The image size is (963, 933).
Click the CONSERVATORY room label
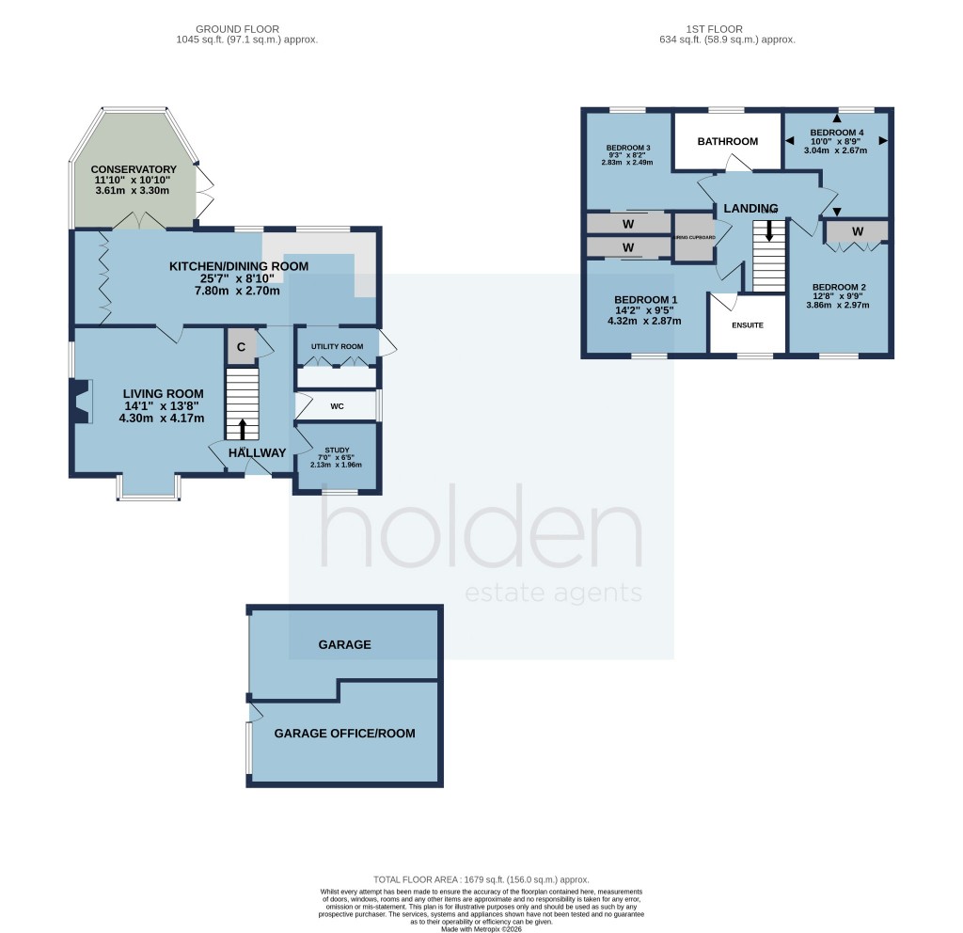coord(134,169)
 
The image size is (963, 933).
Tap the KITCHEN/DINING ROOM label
coord(239,267)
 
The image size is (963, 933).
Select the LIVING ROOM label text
coord(163,393)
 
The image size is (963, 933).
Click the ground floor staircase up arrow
coord(243,430)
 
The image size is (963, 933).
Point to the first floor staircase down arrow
coord(769,231)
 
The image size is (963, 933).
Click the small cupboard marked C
coord(241,347)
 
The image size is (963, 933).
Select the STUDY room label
coord(337,451)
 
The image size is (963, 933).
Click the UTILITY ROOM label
coord(337,347)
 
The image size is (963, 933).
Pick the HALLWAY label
coord(257,453)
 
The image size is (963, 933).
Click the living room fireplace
coord(81,402)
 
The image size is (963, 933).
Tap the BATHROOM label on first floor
coord(727,142)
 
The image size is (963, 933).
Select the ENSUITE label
coord(747,324)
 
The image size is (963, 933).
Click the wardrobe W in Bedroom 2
coord(857,231)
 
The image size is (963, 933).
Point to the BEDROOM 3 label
coord(628,148)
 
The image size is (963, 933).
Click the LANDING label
coord(750,208)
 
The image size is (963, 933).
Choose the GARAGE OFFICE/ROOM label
coord(344,734)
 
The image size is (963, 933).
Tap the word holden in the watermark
coord(481,535)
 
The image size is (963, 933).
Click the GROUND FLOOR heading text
coord(246,28)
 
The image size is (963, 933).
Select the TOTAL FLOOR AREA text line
coord(481,875)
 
